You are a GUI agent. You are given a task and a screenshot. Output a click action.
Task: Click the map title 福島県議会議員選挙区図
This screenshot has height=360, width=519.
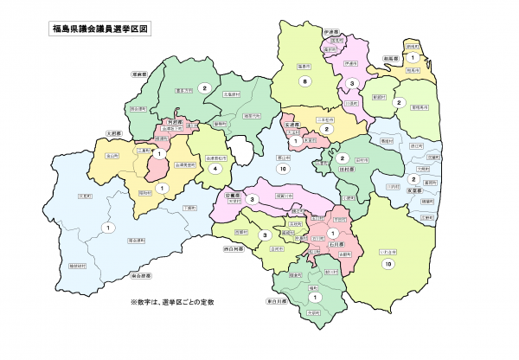point(101,28)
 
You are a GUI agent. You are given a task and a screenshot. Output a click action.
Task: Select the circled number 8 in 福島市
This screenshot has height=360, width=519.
point(304,81)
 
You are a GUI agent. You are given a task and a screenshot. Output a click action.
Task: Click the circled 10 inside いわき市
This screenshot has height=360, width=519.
point(389,263)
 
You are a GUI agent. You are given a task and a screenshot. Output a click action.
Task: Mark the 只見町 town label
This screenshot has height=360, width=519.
point(84,196)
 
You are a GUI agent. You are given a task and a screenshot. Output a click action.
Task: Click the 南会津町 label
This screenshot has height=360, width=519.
point(135,240)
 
